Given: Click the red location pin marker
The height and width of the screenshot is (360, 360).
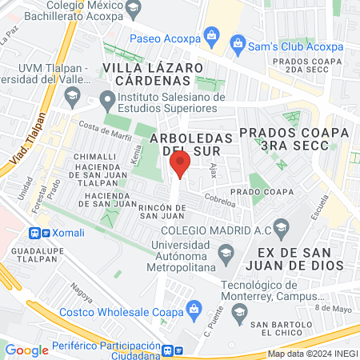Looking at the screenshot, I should click(180, 166).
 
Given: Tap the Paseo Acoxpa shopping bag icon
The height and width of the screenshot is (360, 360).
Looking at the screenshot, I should click(211, 34).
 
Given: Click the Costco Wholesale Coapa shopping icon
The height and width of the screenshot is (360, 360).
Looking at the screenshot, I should click(193, 308).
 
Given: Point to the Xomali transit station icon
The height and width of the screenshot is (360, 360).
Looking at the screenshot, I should click(34, 233).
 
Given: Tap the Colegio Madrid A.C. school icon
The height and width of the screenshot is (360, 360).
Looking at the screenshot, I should click(280, 231).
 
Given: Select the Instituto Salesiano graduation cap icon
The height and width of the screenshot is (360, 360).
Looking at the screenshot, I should click(107, 101).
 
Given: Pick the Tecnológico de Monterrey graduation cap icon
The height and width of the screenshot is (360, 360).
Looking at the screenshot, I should click(238, 318).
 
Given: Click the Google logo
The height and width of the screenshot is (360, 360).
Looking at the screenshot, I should click(26, 350).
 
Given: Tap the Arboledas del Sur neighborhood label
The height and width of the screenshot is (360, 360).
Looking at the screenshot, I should click(191, 144).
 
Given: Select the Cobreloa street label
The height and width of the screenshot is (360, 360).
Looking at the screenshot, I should click(220, 203).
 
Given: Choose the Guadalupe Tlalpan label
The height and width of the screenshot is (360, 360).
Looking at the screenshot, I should click(30, 257).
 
